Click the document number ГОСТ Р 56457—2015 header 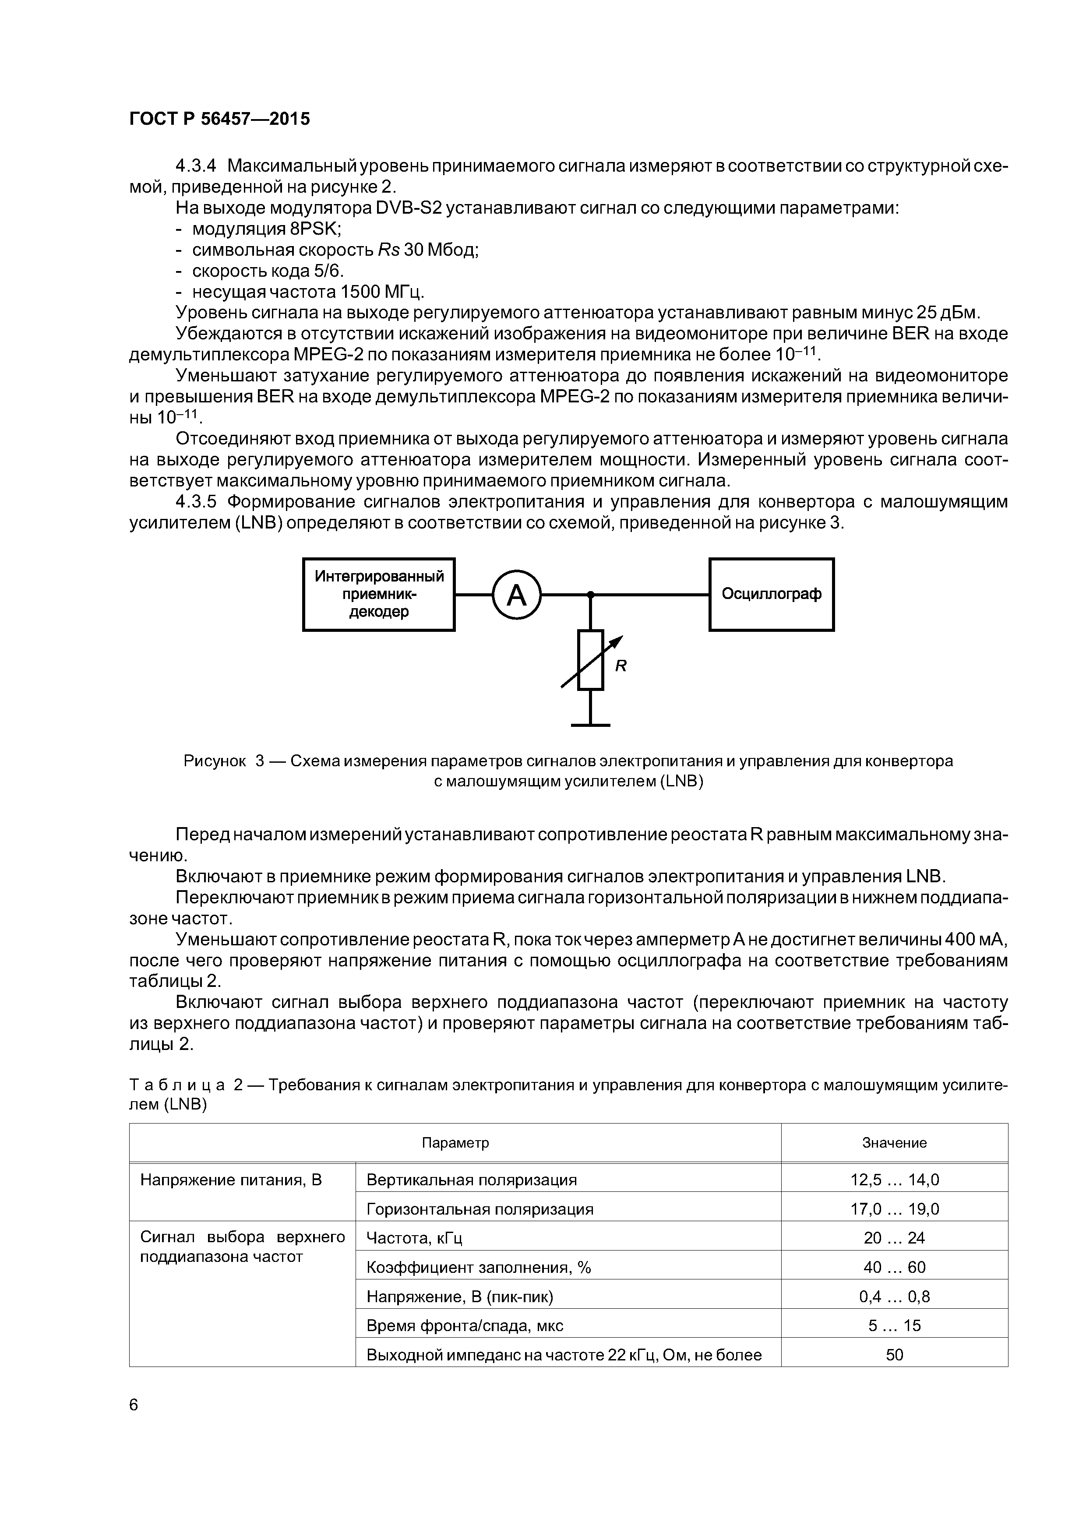(x=219, y=119)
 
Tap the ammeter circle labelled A (x=516, y=595)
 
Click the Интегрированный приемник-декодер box (x=379, y=594)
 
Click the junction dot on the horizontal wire (x=590, y=594)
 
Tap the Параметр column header (x=455, y=1143)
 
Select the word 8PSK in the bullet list (x=315, y=229)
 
